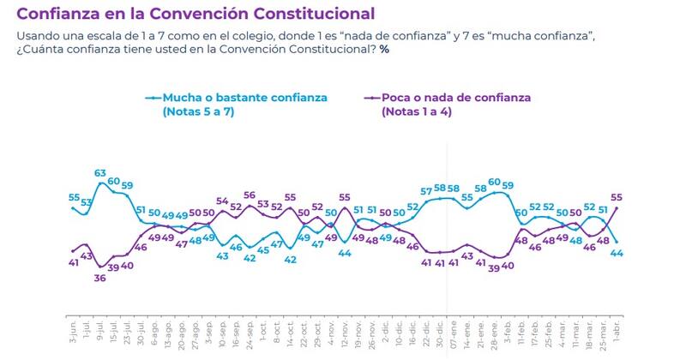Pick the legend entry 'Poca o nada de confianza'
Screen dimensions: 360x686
456,98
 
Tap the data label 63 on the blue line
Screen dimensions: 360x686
100,173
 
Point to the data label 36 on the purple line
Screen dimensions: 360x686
100,279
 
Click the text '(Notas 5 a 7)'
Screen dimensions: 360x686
198,112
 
